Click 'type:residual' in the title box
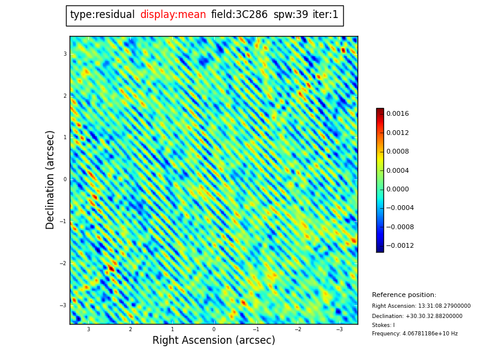102,15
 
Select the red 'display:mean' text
173,15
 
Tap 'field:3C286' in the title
239,15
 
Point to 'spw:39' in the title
290,15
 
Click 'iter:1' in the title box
325,15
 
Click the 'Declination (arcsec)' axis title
51,179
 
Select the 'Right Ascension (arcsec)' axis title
214,341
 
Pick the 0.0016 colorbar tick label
397,113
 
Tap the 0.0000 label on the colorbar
397,189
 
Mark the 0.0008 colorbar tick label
397,151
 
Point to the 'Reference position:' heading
404,295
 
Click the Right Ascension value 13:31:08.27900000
442,306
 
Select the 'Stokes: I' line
383,325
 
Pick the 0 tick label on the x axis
214,329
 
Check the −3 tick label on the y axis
64,305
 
